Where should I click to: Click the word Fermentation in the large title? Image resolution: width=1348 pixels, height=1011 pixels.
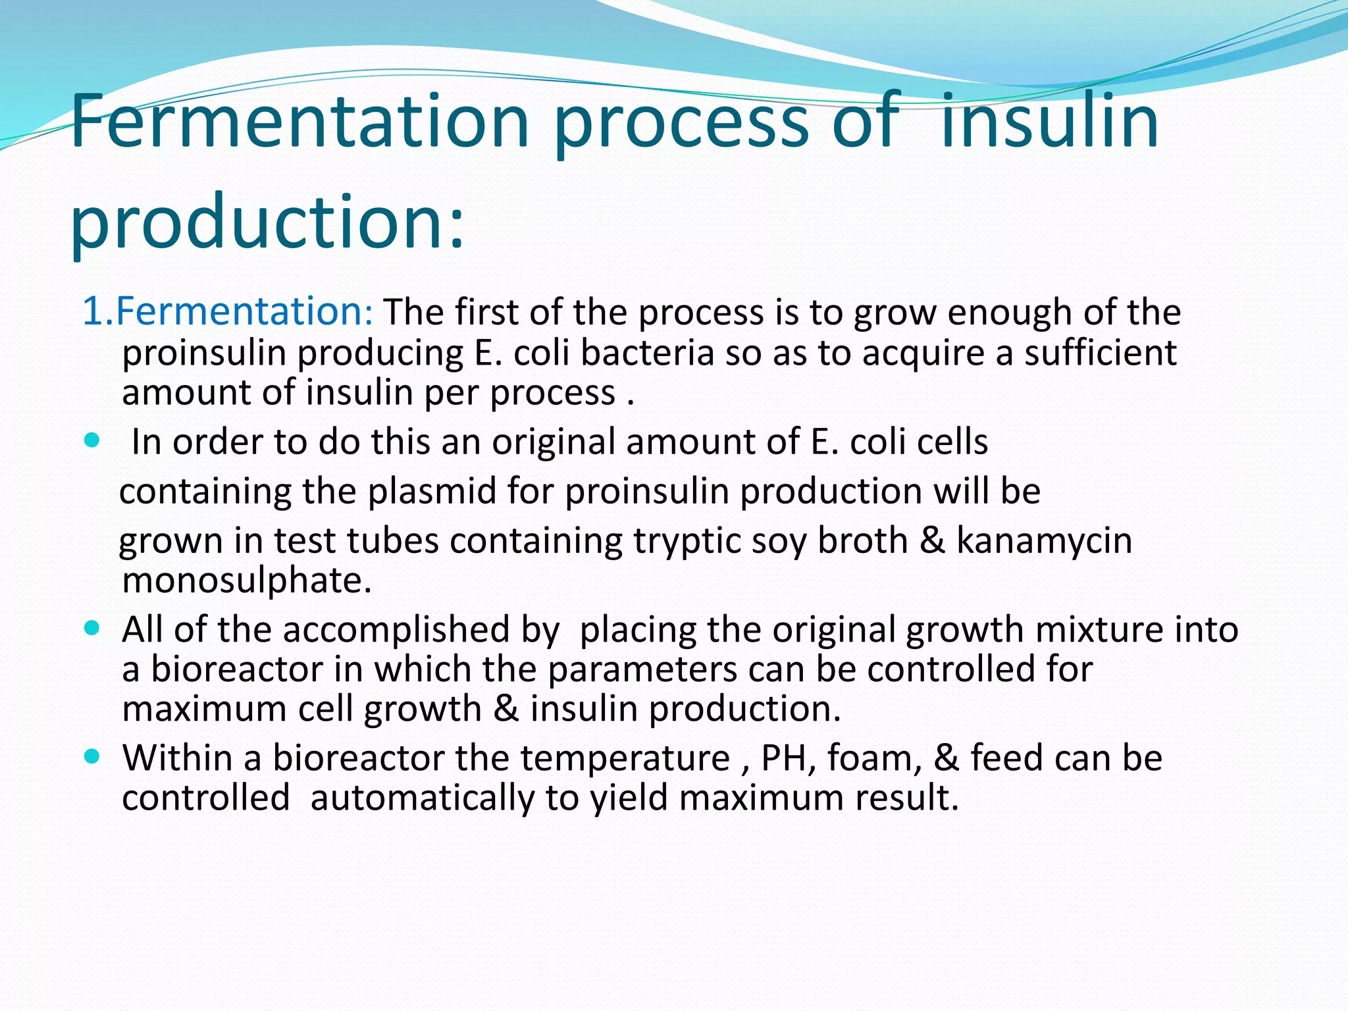(299, 122)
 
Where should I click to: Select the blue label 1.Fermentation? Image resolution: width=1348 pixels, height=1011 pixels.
(228, 311)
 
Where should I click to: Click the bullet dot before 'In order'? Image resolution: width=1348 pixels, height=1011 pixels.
(92, 440)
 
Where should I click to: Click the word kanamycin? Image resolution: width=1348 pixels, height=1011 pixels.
(1044, 541)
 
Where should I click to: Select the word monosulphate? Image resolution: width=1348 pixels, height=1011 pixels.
(247, 581)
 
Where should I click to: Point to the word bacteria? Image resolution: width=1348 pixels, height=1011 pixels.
(648, 353)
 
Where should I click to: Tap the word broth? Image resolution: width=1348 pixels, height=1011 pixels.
(862, 541)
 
